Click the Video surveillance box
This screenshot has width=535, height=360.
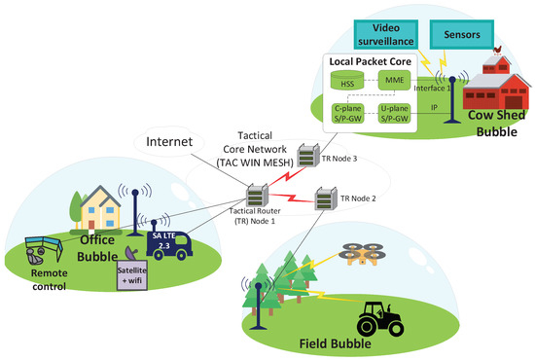pos(385,34)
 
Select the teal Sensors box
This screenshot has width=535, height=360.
pos(462,34)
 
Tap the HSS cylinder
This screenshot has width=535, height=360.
pos(347,80)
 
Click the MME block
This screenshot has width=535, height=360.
pos(394,80)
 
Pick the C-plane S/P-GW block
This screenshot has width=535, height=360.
pos(347,113)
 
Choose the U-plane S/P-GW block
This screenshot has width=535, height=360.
pos(394,113)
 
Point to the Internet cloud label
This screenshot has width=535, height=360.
pos(169,142)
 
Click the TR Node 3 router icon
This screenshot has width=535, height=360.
pos(308,156)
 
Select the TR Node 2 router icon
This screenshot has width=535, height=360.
pos(326,198)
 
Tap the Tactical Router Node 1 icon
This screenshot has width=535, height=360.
pos(257,196)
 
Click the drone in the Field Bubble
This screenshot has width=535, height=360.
pos(364,254)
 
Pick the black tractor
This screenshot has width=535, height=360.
pos(380,319)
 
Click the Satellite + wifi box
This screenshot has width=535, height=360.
pos(132,275)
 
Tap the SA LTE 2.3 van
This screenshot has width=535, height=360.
pos(168,245)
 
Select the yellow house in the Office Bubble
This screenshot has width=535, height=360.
pos(100,208)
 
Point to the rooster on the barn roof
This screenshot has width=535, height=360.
pos(497,50)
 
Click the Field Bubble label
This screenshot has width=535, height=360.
pos(335,343)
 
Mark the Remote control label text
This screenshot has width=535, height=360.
pos(50,280)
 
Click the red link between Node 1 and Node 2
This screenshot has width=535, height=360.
pos(292,198)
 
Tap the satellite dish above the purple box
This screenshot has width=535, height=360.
pos(131,254)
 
